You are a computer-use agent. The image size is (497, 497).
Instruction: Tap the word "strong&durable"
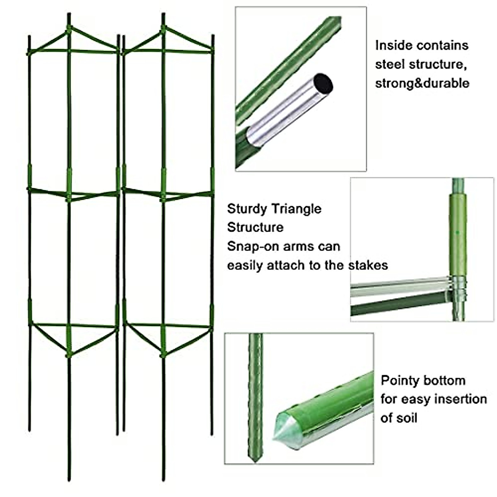(422, 83)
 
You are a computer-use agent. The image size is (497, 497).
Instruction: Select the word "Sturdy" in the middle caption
(247, 209)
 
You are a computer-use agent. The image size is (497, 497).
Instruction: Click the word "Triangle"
(297, 209)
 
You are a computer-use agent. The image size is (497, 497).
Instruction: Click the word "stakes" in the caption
(368, 265)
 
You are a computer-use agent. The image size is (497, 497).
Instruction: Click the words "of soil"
(399, 418)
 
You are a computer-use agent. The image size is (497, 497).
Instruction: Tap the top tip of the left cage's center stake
(69, 16)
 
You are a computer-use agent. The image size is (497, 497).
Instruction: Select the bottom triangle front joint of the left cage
(69, 355)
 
